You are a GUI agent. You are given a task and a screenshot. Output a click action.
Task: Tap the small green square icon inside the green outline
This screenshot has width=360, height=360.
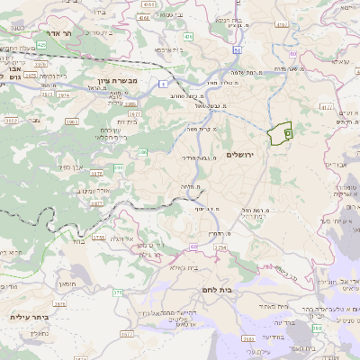tap(287, 132)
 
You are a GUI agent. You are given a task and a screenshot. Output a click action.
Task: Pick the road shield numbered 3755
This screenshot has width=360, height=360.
tap(98, 237)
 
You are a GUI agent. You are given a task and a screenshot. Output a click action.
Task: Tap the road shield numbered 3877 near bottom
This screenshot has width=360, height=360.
tap(126, 332)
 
